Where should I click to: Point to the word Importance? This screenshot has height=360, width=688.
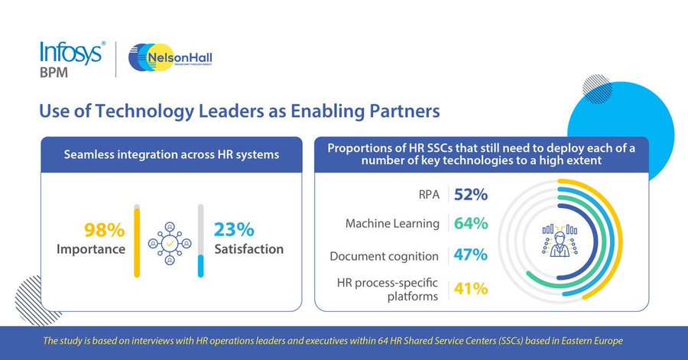(91, 249)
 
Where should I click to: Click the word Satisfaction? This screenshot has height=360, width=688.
(249, 249)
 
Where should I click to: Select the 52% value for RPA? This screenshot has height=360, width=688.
(470, 194)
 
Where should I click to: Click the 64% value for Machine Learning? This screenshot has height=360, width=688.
(470, 224)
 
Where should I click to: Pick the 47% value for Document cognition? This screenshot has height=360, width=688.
(470, 255)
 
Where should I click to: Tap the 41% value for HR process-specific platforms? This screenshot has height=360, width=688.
(470, 288)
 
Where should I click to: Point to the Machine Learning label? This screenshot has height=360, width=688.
(392, 225)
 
